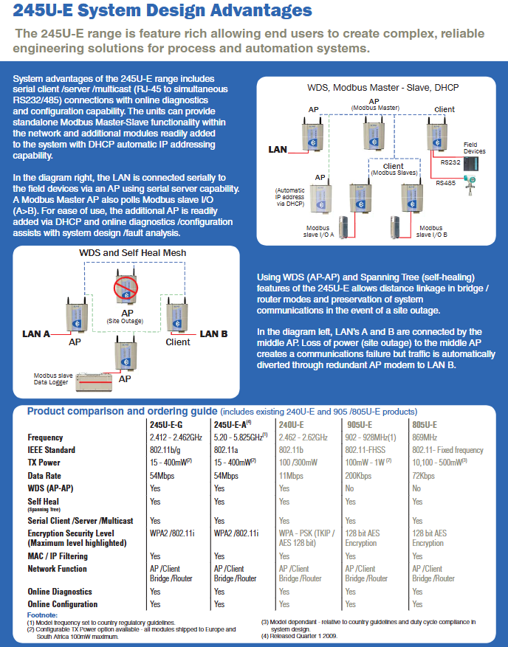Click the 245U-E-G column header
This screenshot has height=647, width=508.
(167, 425)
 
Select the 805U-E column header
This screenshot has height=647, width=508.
(425, 425)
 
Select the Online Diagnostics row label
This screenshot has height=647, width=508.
(60, 592)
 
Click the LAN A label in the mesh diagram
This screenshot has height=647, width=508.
(36, 333)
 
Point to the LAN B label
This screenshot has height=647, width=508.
(213, 333)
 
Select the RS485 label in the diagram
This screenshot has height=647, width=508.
(446, 182)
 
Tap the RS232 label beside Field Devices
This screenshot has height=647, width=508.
(450, 162)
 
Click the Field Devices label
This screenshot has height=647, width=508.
(475, 148)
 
